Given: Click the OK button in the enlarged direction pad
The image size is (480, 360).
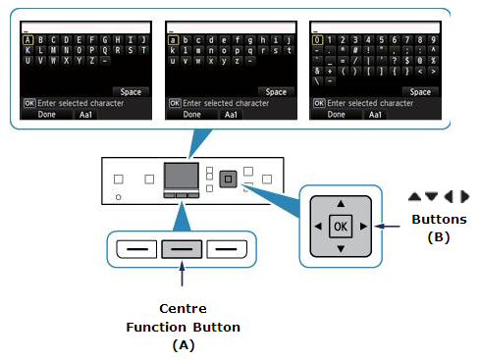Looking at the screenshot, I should tap(341, 226).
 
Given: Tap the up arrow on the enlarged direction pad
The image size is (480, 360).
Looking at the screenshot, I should tap(341, 203).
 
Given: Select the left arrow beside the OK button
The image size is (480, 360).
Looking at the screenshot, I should tap(318, 227).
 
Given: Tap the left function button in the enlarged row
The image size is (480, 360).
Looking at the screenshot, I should tap(137, 249).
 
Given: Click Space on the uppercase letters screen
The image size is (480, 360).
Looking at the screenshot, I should tap(132, 91).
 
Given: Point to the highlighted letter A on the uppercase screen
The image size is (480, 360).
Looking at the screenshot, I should tap(28, 41).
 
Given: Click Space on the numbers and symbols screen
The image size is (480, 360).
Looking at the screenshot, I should tap(419, 91).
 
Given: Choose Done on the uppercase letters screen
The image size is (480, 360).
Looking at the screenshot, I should tap(43, 114).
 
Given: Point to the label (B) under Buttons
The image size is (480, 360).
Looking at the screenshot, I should tap(438, 236).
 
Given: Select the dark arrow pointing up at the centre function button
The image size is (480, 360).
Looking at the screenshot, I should tap(184, 282).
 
